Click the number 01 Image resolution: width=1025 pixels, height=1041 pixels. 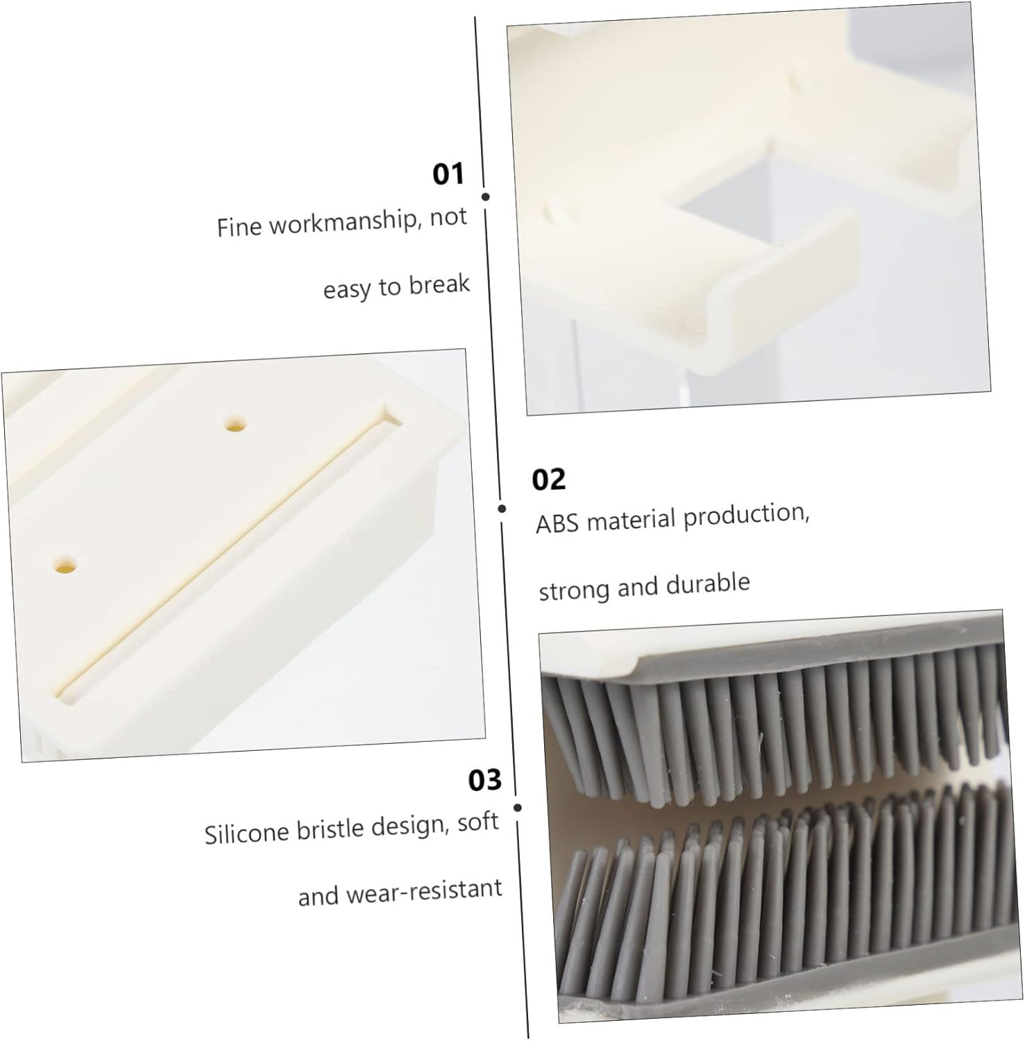click(x=448, y=173)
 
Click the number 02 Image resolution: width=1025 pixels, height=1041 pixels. click(x=548, y=480)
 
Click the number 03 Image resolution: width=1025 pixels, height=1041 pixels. click(x=484, y=780)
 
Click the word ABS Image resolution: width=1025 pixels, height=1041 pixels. click(x=557, y=523)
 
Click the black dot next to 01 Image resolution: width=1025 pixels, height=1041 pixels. click(x=485, y=197)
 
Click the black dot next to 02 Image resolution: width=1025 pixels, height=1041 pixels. click(x=502, y=509)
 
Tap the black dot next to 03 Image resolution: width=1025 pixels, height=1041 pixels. click(x=518, y=808)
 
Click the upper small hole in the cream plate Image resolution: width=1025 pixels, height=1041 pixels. click(x=236, y=423)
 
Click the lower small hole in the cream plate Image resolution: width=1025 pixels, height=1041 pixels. click(x=65, y=564)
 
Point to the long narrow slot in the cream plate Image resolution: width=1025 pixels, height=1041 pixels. click(x=229, y=555)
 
